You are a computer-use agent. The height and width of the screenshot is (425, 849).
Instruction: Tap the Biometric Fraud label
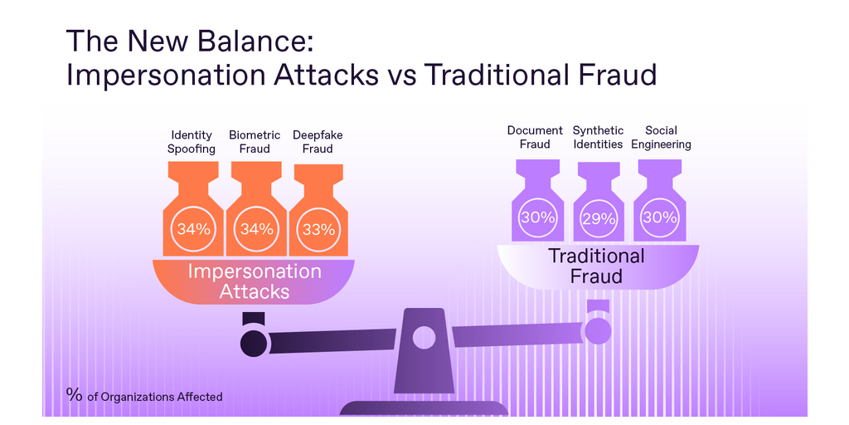[x=255, y=141]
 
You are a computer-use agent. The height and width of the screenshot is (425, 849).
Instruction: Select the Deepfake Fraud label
[x=318, y=141]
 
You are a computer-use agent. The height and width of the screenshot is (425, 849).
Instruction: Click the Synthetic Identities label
[x=599, y=137]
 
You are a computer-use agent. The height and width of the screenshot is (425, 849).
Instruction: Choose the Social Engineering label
[x=661, y=137]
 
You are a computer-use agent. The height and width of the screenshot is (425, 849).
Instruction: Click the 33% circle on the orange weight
[x=319, y=230]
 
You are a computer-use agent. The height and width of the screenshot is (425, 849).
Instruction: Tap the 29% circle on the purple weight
[x=599, y=219]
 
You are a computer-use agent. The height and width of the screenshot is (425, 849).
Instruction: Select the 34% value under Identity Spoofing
[x=193, y=229]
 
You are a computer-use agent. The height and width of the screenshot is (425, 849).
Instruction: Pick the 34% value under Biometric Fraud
[x=257, y=229]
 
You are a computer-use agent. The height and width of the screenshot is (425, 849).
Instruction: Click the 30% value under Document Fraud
[x=537, y=218]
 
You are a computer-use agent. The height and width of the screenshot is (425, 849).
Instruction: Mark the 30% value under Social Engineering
[x=659, y=218]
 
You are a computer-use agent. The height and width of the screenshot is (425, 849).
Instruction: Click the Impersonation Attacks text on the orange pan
[x=254, y=281]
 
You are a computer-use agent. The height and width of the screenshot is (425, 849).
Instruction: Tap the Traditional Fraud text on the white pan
[x=597, y=266]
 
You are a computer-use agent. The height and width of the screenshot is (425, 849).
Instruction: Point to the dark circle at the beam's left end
[x=254, y=343]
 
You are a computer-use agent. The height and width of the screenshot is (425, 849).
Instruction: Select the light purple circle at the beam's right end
[x=598, y=330]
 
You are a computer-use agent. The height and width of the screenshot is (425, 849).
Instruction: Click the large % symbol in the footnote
[x=74, y=394]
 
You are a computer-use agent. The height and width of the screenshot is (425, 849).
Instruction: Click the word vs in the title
[x=401, y=76]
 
